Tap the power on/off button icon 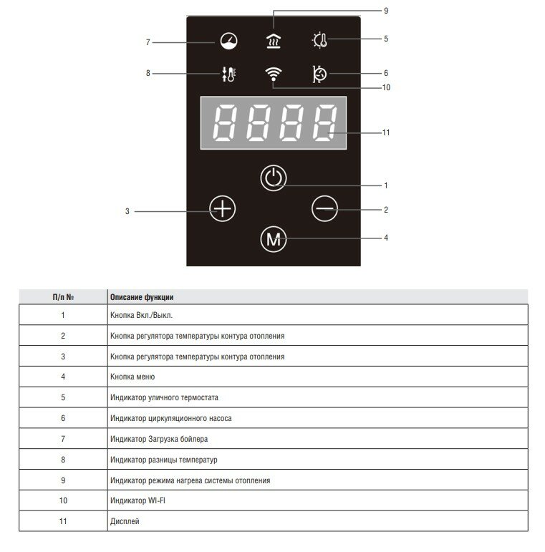(272, 178)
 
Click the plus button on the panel (223, 209)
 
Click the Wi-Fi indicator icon (272, 74)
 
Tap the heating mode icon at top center (272, 41)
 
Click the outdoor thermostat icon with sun (319, 40)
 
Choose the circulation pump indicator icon (319, 74)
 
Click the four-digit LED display (272, 122)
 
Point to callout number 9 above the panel (385, 11)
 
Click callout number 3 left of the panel (127, 212)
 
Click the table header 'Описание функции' (142, 296)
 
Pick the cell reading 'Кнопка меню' (132, 377)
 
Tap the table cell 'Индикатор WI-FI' (138, 500)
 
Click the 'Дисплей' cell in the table (125, 521)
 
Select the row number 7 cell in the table (63, 439)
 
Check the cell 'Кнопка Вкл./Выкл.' (142, 315)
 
